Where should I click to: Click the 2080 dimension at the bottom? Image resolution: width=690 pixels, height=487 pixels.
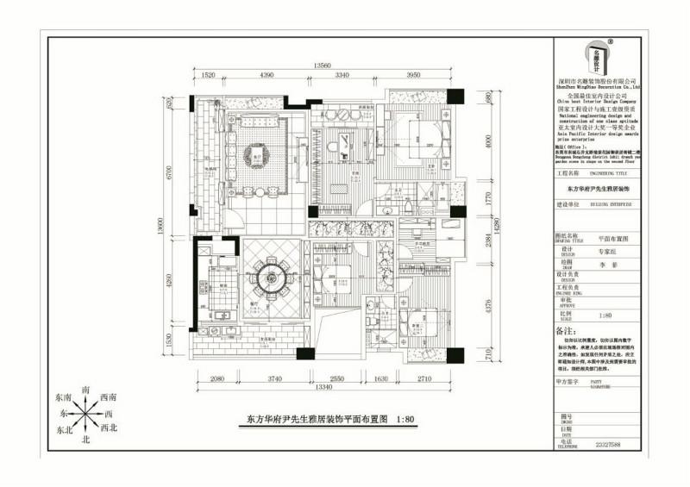(x=218, y=379)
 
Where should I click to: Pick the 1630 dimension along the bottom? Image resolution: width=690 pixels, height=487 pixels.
(x=382, y=379)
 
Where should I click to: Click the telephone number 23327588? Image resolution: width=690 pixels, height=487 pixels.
(x=608, y=446)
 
